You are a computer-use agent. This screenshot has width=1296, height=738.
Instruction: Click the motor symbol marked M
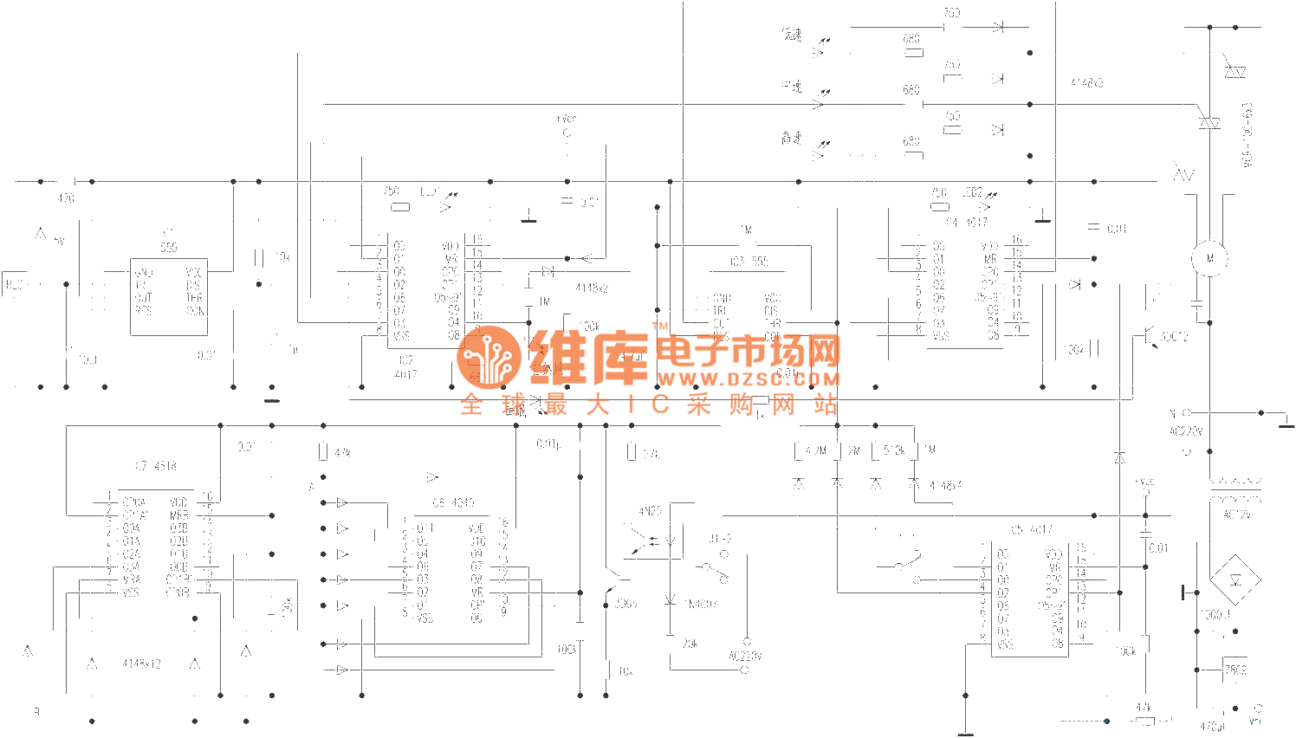click(x=1210, y=258)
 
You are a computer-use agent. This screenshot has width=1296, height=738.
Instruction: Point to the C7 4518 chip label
click(x=156, y=466)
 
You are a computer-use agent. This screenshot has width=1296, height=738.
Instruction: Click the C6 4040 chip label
click(x=453, y=502)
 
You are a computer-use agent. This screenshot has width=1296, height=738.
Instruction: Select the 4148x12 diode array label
click(x=142, y=664)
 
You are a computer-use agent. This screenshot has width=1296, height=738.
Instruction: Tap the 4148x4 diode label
click(x=945, y=486)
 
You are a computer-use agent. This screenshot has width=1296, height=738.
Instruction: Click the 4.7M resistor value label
click(x=816, y=450)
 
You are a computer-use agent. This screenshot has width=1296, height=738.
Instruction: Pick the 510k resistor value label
click(x=894, y=450)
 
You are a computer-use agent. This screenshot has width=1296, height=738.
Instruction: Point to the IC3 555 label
click(x=749, y=262)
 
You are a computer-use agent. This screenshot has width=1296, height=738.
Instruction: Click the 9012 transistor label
click(x=1175, y=337)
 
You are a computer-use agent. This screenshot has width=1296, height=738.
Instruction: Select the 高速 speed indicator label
click(x=792, y=139)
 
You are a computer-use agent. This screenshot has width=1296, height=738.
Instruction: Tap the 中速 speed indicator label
click(x=792, y=87)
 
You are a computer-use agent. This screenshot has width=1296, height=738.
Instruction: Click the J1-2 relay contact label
click(x=721, y=539)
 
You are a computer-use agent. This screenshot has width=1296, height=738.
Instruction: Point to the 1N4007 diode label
click(x=700, y=604)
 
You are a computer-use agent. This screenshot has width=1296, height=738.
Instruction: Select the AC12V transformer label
click(x=1236, y=515)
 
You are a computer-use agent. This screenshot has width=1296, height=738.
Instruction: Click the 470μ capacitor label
click(x=1213, y=727)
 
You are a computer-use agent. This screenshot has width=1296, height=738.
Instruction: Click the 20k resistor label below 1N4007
click(x=690, y=644)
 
